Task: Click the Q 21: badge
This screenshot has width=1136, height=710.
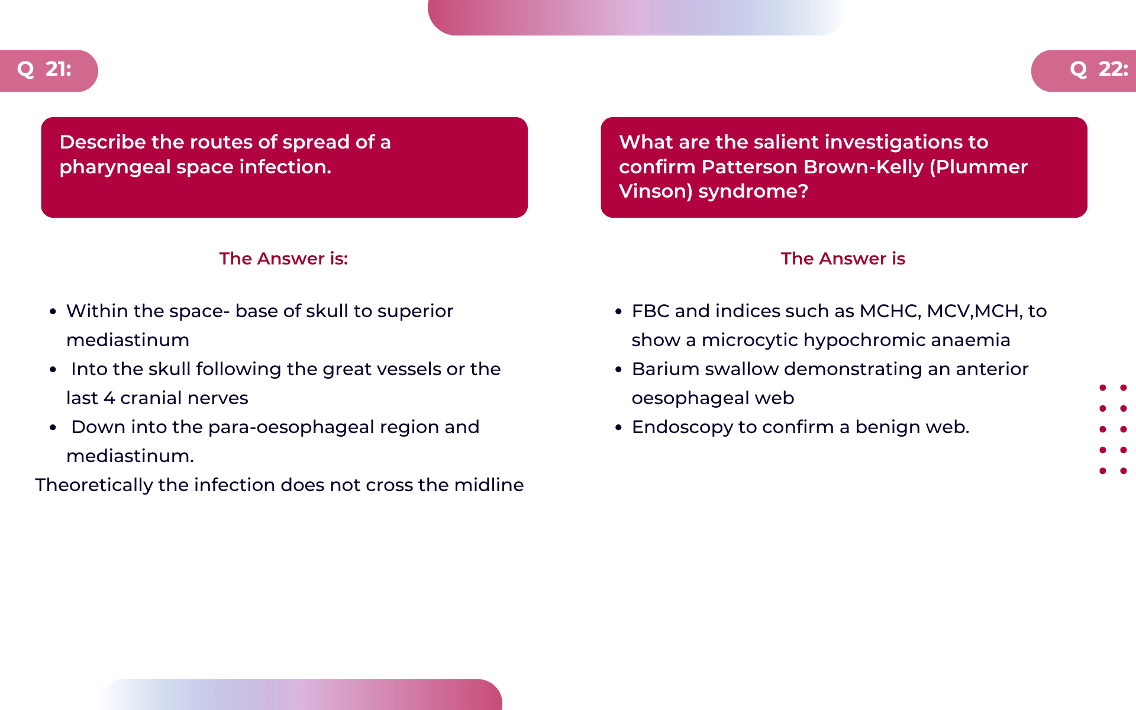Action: click(x=49, y=70)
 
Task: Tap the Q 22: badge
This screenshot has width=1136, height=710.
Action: click(x=1084, y=70)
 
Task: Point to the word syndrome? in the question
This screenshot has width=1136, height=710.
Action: click(x=753, y=192)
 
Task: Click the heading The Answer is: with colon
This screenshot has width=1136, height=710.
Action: click(x=283, y=259)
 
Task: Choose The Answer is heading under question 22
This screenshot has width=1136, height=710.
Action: click(x=843, y=259)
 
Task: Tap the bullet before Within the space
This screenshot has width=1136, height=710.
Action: click(x=53, y=311)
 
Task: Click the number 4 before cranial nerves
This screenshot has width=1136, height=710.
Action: click(x=109, y=398)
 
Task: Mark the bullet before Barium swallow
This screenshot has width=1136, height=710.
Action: click(x=619, y=369)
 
